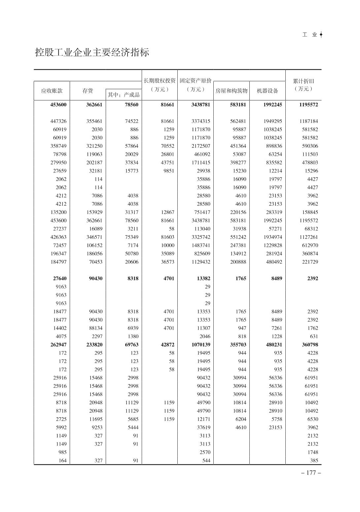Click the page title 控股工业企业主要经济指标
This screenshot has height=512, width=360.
[x=92, y=53]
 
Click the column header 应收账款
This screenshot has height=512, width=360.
[x=52, y=91]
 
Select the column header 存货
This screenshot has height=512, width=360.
[x=88, y=91]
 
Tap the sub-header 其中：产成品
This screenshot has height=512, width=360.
[x=124, y=95]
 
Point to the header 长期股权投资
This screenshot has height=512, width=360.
[x=160, y=81]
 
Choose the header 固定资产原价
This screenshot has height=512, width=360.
[x=196, y=81]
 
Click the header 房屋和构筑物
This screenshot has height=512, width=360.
[x=231, y=91]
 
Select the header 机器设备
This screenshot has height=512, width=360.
[x=268, y=91]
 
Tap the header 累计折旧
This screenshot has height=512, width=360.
[x=303, y=81]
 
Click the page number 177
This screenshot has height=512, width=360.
[x=311, y=473]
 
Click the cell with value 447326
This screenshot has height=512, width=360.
[x=58, y=121]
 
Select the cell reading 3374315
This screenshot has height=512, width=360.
[x=201, y=121]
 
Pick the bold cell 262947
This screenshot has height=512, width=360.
[x=58, y=345]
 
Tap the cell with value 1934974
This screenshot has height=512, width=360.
[x=273, y=237]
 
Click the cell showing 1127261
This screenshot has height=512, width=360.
[x=309, y=237]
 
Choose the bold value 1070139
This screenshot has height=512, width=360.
[x=201, y=345]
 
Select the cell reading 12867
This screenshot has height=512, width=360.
[x=167, y=212]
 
